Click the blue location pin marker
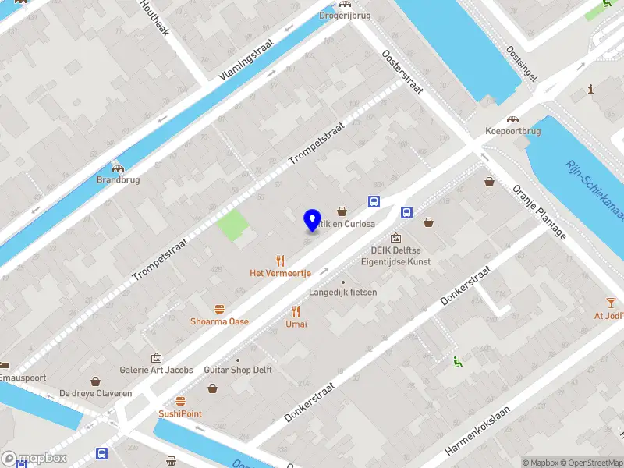(313, 220)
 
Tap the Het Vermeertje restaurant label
(280, 273)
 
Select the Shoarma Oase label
(219, 321)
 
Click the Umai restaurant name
(296, 324)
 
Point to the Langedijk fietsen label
(342, 292)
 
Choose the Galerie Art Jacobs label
(156, 370)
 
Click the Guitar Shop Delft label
(237, 370)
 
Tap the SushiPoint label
(180, 413)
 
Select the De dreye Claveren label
(95, 393)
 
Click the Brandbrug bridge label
(117, 179)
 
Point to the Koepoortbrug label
(513, 131)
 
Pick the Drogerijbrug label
(344, 15)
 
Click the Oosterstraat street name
(402, 73)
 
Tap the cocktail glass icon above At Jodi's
(610, 303)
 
